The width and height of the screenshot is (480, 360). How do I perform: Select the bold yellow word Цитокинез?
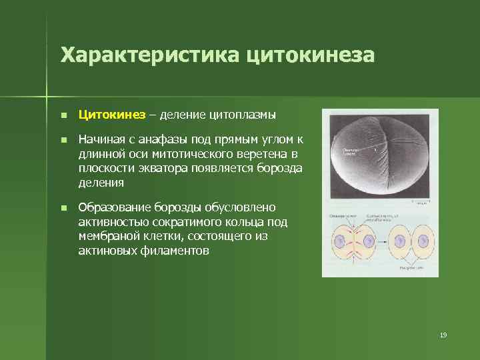click(111, 115)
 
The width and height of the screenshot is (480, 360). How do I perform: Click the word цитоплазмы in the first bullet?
click(242, 115)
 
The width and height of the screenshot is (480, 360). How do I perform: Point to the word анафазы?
click(158, 139)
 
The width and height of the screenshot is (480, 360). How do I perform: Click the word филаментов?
click(177, 251)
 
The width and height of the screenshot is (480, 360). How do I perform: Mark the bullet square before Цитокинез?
click(63, 115)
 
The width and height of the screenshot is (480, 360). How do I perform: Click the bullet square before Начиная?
click(63, 140)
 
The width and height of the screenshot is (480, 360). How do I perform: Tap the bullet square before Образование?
click(63, 209)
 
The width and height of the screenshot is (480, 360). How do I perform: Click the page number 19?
click(443, 335)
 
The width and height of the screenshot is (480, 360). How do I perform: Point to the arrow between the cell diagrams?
click(382, 242)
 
